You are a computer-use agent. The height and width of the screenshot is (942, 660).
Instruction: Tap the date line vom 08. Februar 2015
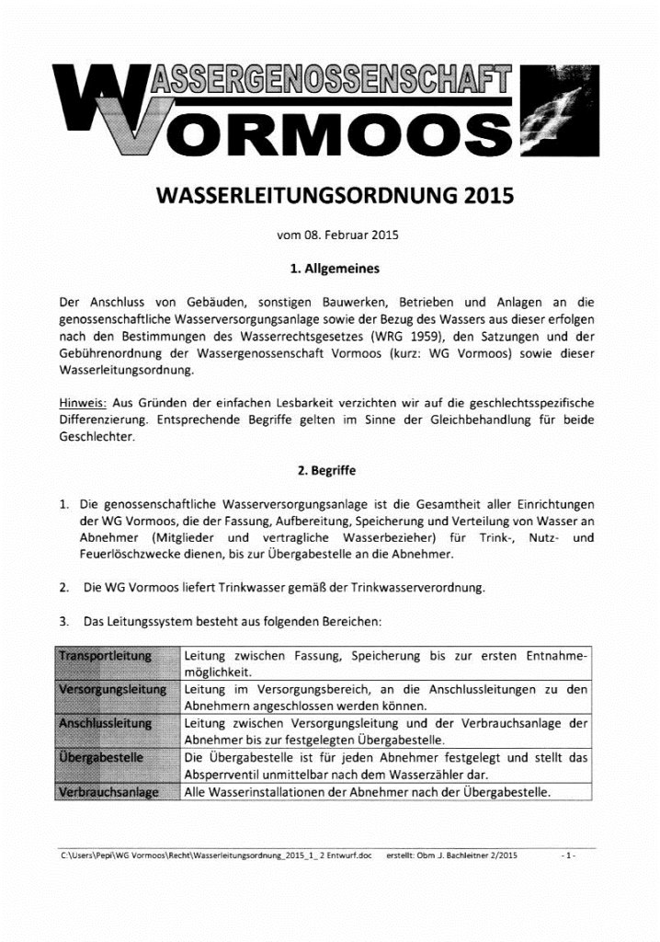click(x=330, y=235)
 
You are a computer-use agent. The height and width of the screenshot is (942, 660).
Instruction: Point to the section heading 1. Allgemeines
click(x=330, y=270)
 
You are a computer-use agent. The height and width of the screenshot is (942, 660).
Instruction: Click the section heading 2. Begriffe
click(x=330, y=469)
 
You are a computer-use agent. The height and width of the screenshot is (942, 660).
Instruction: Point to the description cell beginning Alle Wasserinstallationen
click(x=367, y=792)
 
